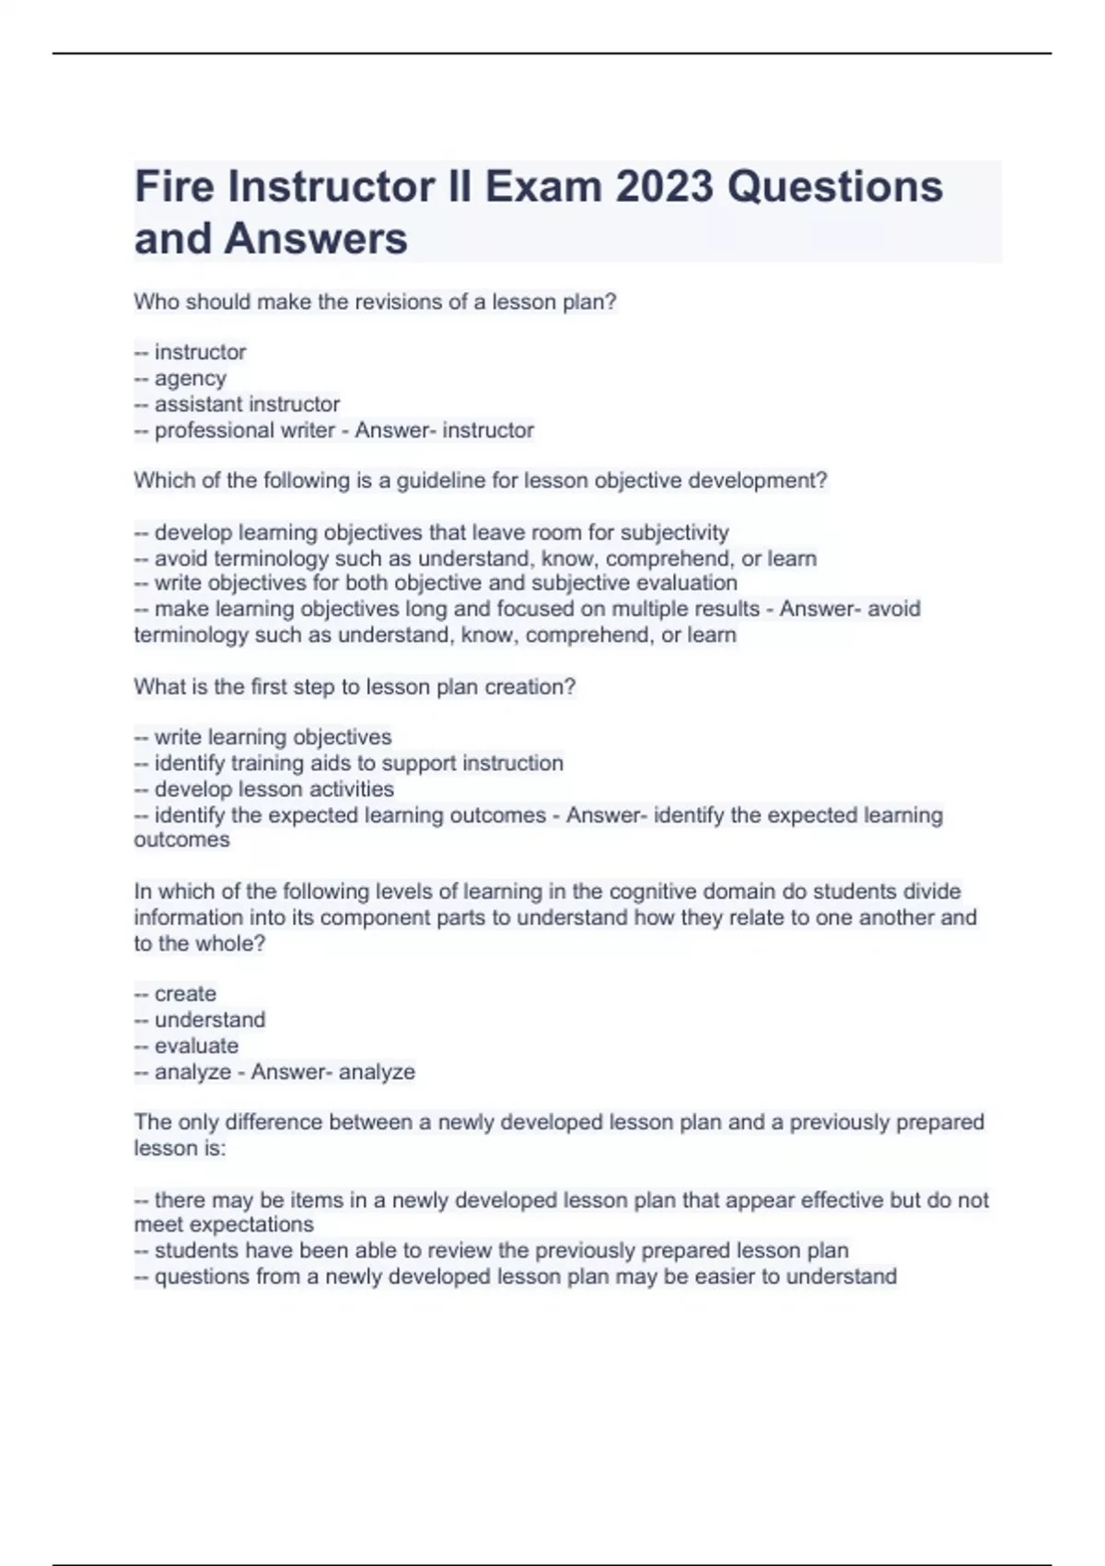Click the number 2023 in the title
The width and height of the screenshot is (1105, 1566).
click(663, 187)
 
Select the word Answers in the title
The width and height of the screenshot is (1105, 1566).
click(316, 239)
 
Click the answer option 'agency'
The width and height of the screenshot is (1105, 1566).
click(190, 379)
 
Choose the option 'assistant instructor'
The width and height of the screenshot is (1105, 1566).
click(247, 404)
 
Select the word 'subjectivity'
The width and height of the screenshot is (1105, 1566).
click(674, 532)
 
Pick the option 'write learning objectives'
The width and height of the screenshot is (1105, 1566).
click(273, 737)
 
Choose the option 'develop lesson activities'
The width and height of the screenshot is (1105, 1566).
click(273, 789)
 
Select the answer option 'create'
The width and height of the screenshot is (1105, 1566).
click(185, 994)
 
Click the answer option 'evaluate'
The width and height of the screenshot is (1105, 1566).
click(196, 1046)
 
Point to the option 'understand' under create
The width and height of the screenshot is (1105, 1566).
click(210, 1020)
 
